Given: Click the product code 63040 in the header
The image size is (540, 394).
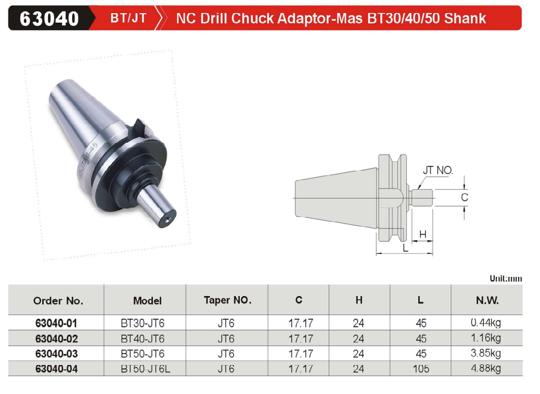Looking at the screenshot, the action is click(x=49, y=18).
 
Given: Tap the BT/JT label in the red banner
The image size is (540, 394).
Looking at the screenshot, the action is click(x=129, y=18).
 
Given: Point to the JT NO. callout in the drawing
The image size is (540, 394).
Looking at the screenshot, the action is click(x=438, y=170).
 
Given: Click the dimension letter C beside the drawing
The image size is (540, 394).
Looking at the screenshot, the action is click(x=465, y=198).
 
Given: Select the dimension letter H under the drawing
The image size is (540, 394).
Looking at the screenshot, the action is click(x=423, y=234).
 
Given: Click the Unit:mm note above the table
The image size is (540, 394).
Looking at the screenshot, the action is click(x=506, y=278).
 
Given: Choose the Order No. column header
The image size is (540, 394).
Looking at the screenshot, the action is click(x=58, y=301).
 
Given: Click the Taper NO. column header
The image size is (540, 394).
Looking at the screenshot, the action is click(x=228, y=300).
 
